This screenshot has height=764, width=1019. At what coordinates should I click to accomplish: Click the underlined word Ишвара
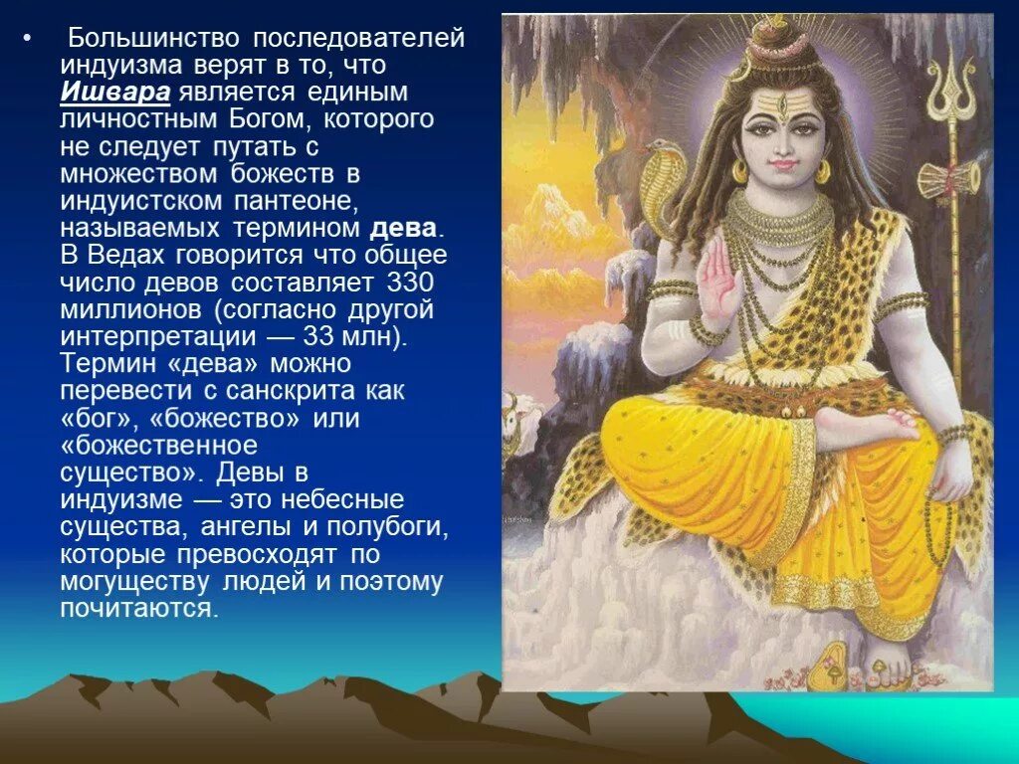pyautogui.click(x=115, y=93)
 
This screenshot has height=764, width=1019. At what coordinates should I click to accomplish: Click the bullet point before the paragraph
pyautogui.click(x=29, y=39)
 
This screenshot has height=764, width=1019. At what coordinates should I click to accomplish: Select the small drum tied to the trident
pyautogui.click(x=947, y=180)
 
